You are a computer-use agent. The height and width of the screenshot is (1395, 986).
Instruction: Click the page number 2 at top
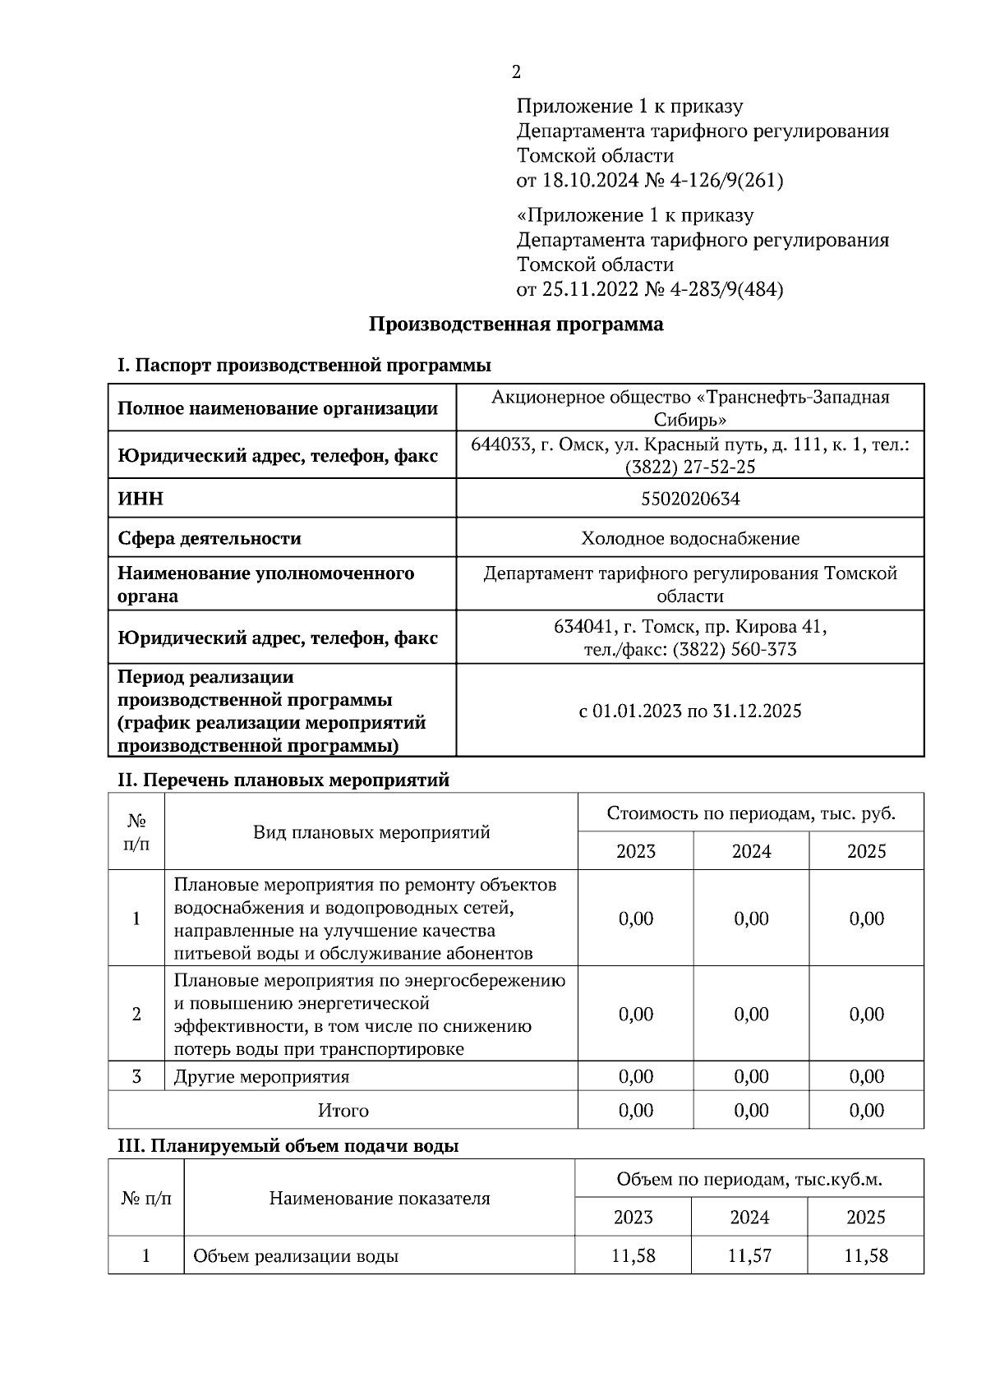516,72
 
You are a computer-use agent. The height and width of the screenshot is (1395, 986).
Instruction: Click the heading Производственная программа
515,325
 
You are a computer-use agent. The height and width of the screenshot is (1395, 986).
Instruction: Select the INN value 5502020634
689,499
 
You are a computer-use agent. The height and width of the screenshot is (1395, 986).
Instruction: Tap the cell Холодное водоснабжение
689,538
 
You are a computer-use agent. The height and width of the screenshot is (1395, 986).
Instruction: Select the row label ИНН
141,499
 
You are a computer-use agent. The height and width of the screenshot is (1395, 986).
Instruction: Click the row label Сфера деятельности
210,538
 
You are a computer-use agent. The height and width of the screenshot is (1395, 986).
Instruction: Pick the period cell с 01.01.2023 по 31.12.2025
689,711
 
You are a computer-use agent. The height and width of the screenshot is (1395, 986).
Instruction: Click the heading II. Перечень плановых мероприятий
283,780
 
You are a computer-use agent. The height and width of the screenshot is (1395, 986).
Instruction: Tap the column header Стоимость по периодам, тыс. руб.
750,813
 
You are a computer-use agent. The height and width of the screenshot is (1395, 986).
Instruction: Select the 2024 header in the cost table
750,851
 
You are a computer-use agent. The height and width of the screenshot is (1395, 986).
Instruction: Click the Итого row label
343,1111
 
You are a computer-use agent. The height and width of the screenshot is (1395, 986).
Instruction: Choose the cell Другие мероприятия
261,1076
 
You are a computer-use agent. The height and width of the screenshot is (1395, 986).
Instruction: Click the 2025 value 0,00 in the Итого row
866,1111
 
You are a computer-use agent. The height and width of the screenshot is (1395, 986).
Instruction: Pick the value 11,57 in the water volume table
749,1255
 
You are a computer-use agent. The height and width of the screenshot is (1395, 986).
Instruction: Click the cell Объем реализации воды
296,1256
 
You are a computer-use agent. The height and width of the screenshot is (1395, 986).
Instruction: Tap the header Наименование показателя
379,1199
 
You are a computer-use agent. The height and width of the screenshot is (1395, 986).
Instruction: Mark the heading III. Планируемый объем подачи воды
288,1146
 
